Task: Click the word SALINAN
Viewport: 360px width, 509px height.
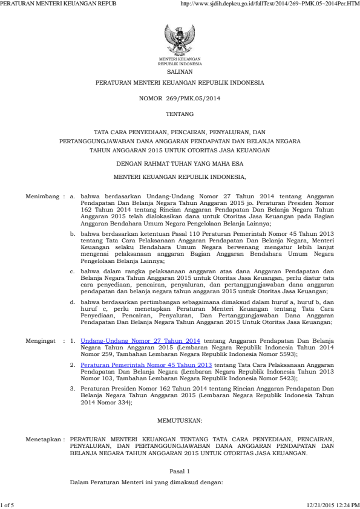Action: coord(180,71)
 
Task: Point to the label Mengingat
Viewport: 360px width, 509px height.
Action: coord(40,341)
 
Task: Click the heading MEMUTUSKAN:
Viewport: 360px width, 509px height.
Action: coord(180,420)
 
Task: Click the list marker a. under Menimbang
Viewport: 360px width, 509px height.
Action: coord(73,197)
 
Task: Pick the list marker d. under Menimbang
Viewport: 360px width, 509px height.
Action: coord(73,301)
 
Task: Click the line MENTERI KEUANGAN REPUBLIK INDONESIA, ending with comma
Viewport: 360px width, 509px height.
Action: coord(180,177)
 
